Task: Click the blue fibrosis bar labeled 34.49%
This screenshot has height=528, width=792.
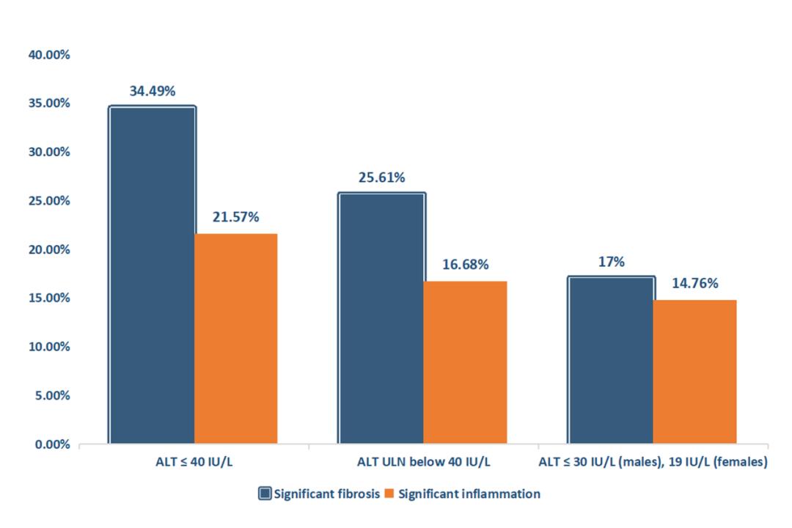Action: pyautogui.click(x=152, y=275)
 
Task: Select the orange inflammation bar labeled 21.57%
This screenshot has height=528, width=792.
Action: pyautogui.click(x=235, y=339)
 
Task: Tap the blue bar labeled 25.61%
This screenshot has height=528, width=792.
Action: pyautogui.click(x=381, y=318)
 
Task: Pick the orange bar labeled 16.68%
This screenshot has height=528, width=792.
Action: pyautogui.click(x=465, y=362)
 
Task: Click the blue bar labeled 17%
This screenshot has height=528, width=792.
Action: pyautogui.click(x=611, y=360)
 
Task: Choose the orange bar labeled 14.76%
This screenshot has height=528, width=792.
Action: pyautogui.click(x=694, y=372)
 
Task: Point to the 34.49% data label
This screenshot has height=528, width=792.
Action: pyautogui.click(x=153, y=92)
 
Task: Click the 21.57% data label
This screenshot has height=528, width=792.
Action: pyautogui.click(x=236, y=218)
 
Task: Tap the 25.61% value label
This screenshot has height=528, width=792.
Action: pyautogui.click(x=382, y=178)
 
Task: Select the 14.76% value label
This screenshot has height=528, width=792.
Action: pyautogui.click(x=695, y=284)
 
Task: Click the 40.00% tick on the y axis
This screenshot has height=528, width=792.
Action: pyautogui.click(x=50, y=55)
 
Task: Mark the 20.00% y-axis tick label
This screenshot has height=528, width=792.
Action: pyautogui.click(x=50, y=250)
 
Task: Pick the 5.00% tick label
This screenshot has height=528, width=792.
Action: pyautogui.click(x=53, y=396)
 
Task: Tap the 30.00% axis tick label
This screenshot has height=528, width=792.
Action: pyautogui.click(x=50, y=153)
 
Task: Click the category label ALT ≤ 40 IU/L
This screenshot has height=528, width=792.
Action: pyautogui.click(x=194, y=463)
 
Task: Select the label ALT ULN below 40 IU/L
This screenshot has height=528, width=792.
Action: pyautogui.click(x=424, y=463)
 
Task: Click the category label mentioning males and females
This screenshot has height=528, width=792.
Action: pyautogui.click(x=653, y=463)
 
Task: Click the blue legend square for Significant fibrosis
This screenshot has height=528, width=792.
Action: pyautogui.click(x=265, y=494)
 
